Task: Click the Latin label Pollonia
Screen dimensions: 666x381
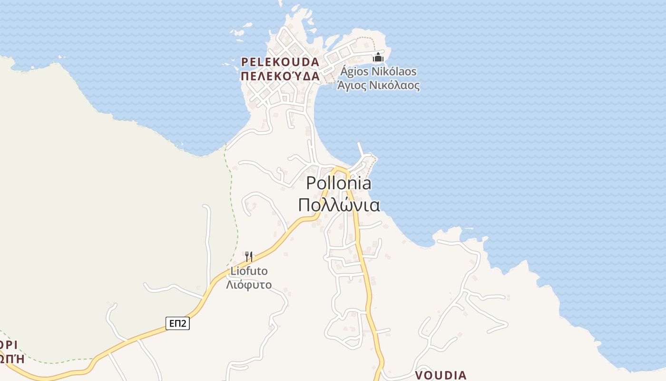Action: coord(339,183)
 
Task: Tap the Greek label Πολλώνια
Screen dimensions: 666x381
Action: coord(339,205)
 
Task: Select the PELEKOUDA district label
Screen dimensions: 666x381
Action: coord(280,62)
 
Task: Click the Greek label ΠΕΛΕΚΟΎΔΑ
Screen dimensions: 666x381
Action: coord(280,76)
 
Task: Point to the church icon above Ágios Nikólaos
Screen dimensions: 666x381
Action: coord(378,58)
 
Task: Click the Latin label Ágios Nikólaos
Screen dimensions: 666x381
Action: coord(378,72)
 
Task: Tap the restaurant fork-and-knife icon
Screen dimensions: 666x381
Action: coord(248,257)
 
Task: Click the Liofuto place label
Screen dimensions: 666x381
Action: coord(249,271)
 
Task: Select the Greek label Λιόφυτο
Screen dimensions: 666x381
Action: coord(249,285)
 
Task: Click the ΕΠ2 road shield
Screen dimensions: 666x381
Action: coord(178,324)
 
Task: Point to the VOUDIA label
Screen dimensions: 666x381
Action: coord(441,375)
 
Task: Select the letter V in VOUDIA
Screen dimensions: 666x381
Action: coord(419,375)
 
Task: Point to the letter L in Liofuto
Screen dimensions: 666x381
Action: coord(233,271)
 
